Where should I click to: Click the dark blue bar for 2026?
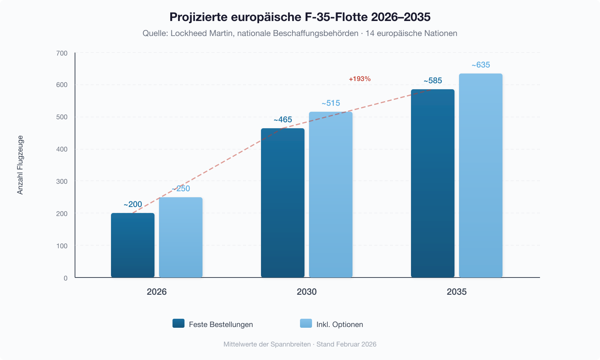(133, 245)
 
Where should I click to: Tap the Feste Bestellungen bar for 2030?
(283, 203)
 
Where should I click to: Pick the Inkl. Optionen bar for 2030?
(331, 195)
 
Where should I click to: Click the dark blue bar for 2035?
(433, 183)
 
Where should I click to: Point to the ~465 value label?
(283, 120)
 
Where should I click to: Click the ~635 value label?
(481, 65)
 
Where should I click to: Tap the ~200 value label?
(133, 204)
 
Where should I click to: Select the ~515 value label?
(331, 103)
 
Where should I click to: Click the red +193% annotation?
(360, 79)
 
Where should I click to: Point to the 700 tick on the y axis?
(62, 53)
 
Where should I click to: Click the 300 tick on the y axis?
(62, 181)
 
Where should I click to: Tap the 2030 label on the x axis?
(307, 292)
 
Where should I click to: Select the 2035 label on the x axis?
(457, 292)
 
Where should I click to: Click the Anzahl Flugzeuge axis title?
(20, 165)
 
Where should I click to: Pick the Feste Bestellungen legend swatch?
(178, 323)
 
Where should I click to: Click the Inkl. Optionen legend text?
(339, 324)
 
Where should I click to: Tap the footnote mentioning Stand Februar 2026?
(346, 344)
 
